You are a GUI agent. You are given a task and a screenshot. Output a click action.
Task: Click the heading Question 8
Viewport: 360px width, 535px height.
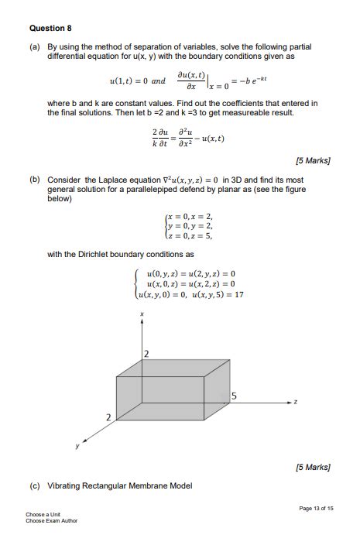[50, 28]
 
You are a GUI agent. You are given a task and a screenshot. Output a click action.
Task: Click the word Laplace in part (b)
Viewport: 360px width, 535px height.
[112, 179]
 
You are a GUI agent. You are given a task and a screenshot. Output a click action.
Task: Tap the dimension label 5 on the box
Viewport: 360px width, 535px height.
[234, 397]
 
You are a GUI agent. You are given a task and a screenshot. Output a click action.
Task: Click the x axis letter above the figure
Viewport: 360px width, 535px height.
[141, 314]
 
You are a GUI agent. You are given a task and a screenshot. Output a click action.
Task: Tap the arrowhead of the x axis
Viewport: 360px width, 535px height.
[141, 323]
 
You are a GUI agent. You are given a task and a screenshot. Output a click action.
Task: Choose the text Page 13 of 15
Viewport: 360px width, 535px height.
[315, 508]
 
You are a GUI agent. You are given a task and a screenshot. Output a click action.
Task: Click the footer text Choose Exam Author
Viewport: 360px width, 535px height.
[51, 520]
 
